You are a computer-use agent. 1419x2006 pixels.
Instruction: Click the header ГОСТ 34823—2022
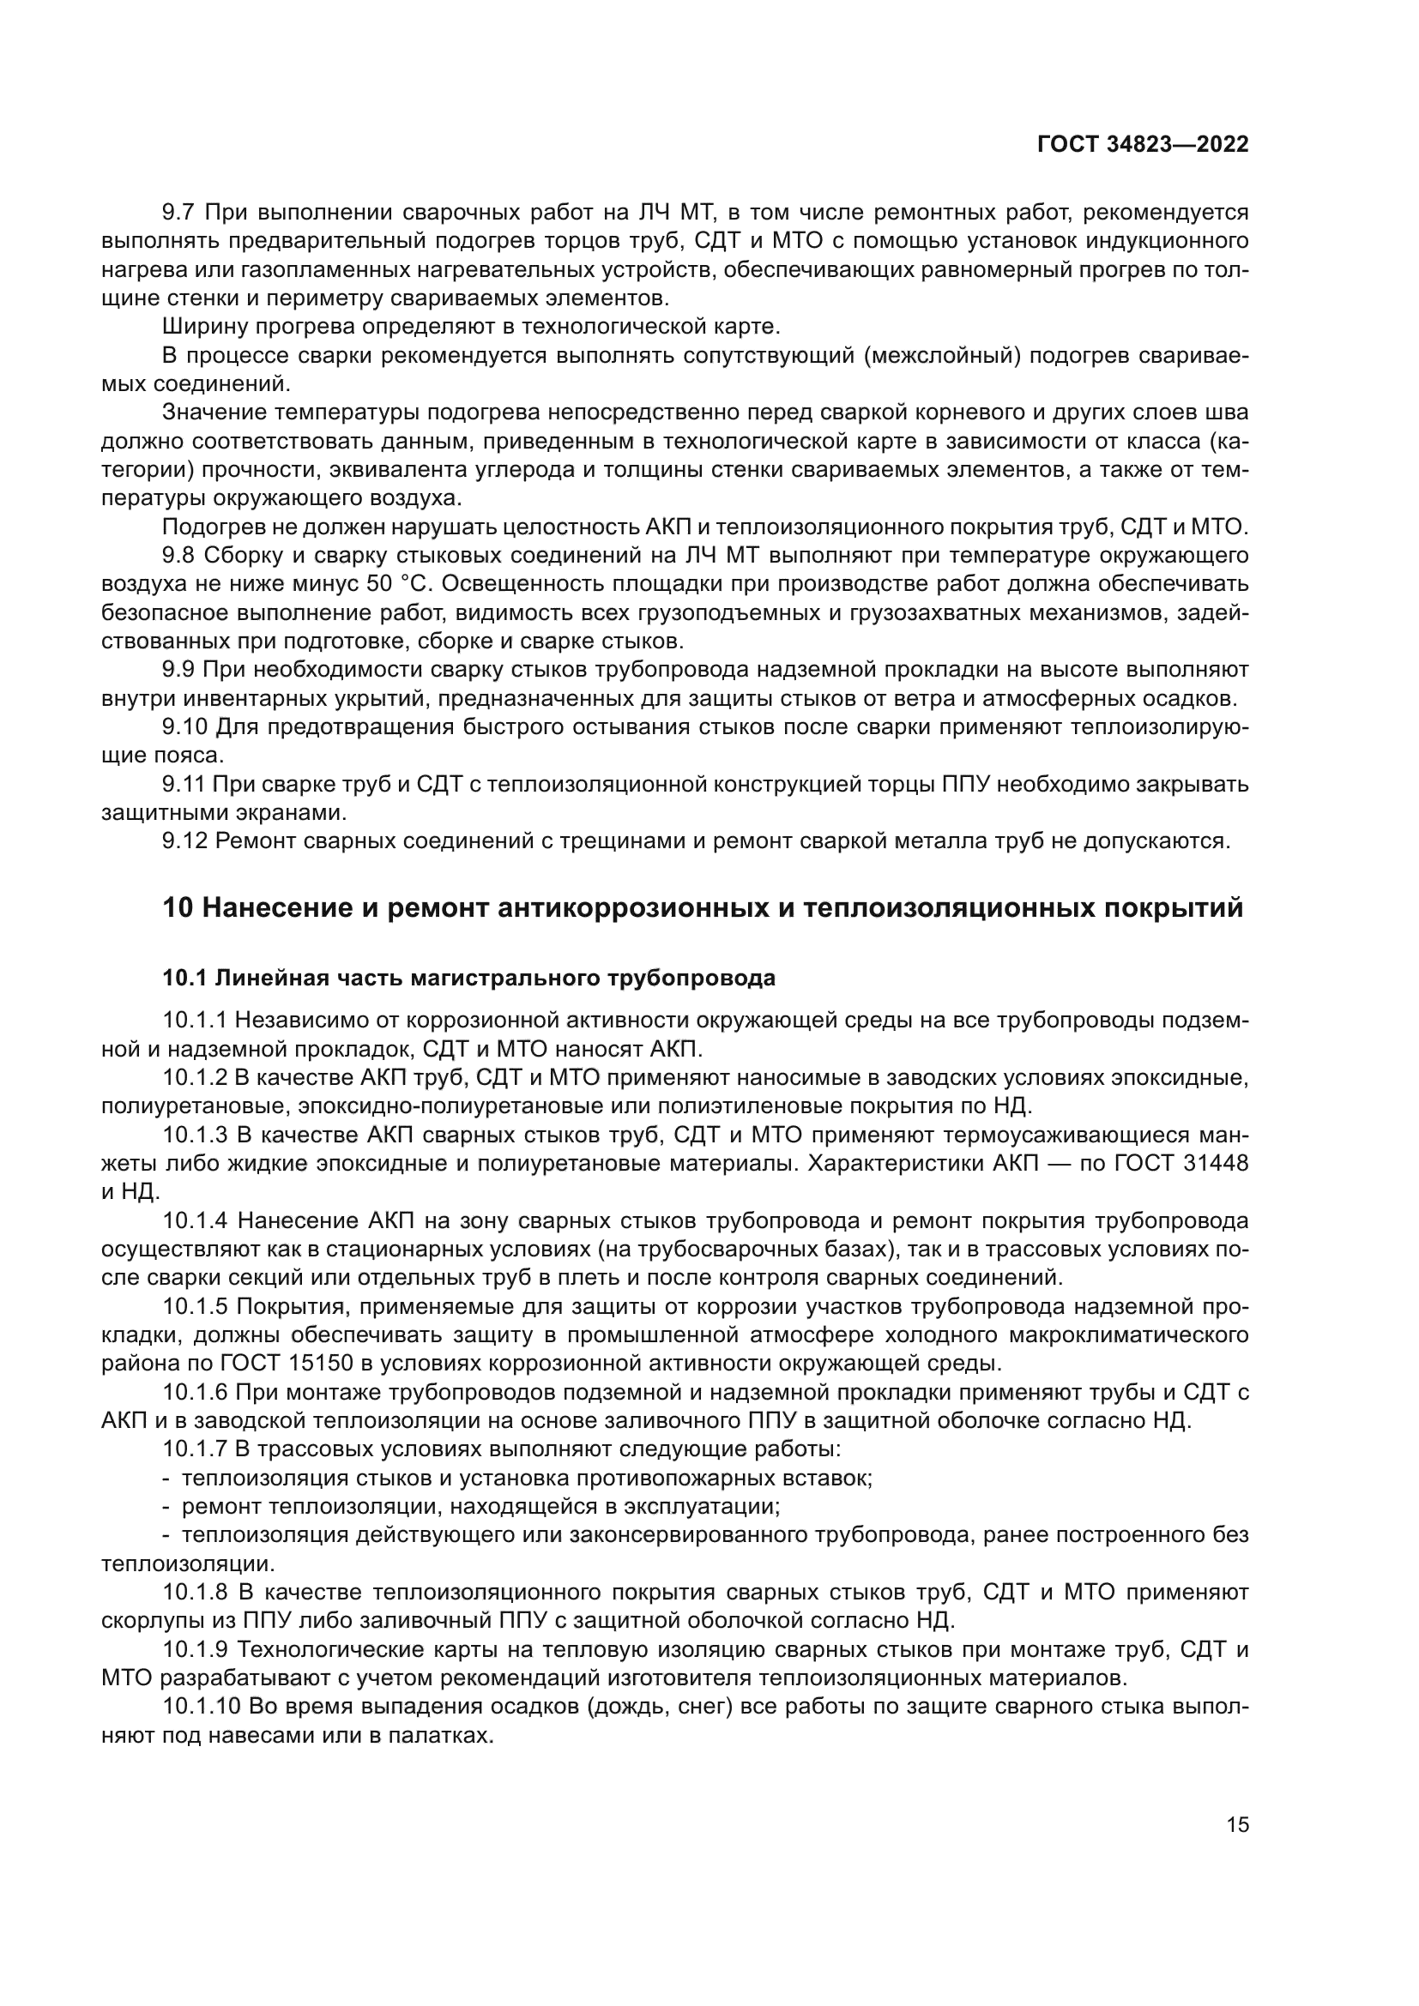click(1143, 145)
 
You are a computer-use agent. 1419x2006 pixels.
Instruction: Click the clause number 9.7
click(180, 213)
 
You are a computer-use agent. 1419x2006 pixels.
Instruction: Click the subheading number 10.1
click(184, 979)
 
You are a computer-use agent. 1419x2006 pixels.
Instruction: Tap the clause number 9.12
click(185, 841)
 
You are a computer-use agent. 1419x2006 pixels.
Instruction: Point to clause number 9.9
click(180, 670)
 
